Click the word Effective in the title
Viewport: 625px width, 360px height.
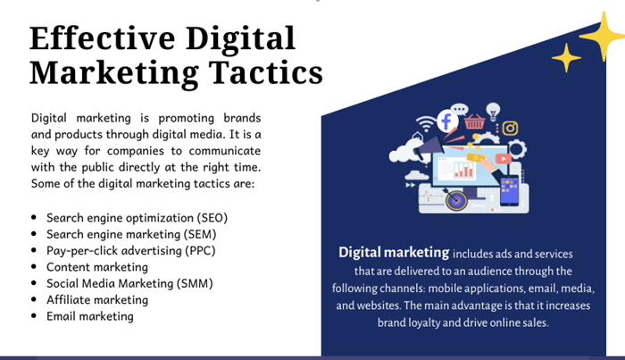tap(103, 38)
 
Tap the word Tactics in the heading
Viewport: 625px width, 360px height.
tap(266, 72)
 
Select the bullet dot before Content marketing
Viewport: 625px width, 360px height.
tap(34, 267)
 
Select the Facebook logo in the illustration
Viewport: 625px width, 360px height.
tap(447, 121)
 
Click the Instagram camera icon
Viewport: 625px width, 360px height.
tap(510, 128)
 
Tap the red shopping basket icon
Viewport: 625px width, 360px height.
tap(474, 121)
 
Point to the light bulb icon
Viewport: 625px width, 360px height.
tap(493, 112)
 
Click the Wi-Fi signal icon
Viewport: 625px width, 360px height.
tap(426, 123)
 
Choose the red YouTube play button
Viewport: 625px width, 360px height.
tap(504, 159)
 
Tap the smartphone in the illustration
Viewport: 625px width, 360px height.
tap(510, 190)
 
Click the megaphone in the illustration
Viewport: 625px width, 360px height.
tap(429, 147)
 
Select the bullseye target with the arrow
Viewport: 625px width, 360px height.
tap(456, 199)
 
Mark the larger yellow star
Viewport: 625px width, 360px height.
tap(603, 37)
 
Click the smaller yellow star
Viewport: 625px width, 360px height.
tap(566, 58)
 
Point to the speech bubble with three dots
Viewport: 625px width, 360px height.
tap(460, 110)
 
